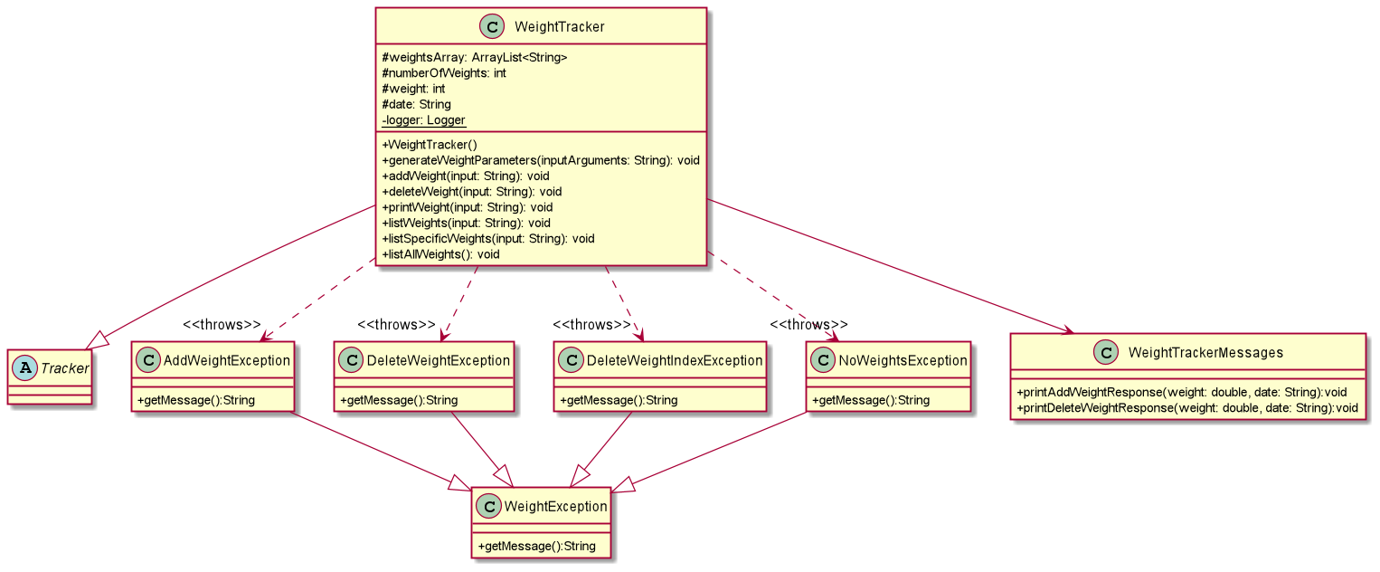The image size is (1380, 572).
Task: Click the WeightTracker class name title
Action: click(x=559, y=27)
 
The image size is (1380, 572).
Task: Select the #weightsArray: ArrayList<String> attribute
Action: click(x=475, y=58)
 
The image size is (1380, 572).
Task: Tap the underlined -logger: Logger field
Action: click(x=423, y=120)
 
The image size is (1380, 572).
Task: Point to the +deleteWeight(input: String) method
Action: click(x=472, y=192)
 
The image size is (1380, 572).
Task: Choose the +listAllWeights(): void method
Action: click(x=440, y=254)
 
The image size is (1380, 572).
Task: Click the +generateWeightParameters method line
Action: click(x=541, y=160)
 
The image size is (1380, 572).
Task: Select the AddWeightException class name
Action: click(x=226, y=361)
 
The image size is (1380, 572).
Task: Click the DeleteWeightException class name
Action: click(x=438, y=361)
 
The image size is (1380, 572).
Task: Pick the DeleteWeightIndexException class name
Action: click(x=673, y=361)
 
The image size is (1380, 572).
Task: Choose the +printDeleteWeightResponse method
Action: click(x=1186, y=408)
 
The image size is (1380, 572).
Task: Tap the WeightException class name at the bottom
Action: click(x=553, y=507)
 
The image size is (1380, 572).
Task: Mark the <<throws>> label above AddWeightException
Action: click(x=222, y=325)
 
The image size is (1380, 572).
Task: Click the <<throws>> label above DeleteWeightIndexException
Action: click(x=591, y=325)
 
